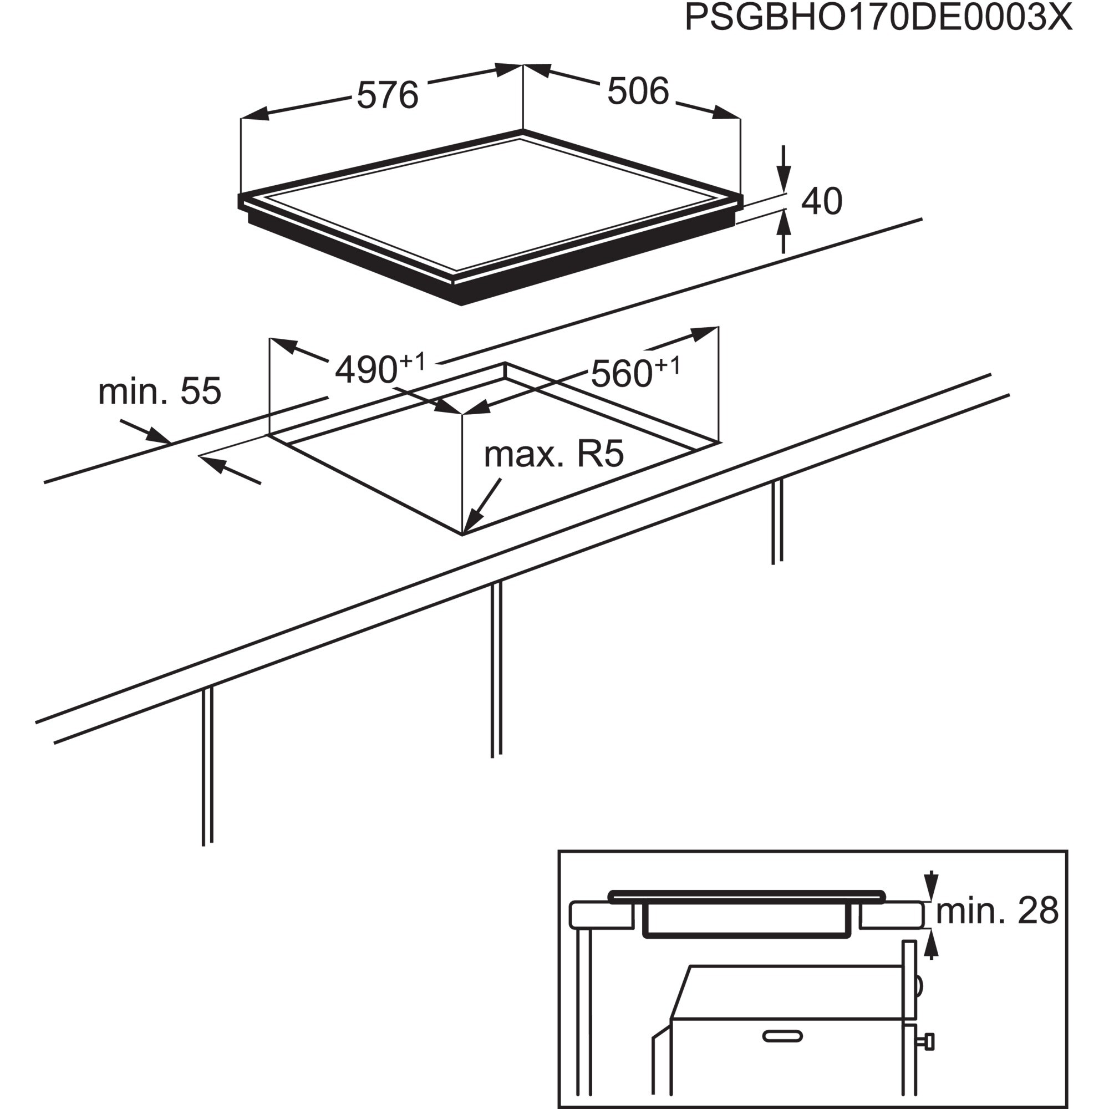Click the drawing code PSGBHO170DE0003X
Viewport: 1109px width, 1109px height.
pos(878,18)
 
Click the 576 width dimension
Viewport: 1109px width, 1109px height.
pos(388,95)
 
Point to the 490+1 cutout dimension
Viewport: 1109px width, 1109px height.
pos(379,368)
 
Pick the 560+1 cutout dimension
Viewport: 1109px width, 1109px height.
pos(634,372)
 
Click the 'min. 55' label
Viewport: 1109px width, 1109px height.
pos(160,391)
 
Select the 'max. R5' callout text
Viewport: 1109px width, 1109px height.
pos(553,455)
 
